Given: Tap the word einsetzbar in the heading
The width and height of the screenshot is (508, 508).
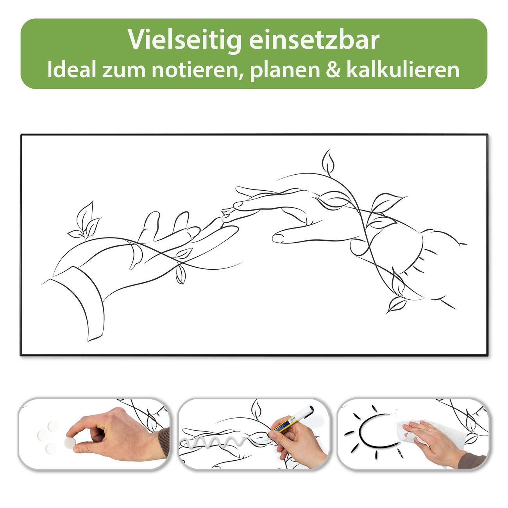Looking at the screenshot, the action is [314, 39].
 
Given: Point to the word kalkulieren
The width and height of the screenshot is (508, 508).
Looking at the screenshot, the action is [403, 69].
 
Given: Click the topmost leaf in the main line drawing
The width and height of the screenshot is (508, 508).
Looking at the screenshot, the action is [328, 161].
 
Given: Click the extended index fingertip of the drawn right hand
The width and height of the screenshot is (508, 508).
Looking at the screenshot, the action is [278, 239].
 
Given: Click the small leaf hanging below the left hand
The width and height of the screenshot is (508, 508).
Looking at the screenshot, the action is [180, 274].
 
